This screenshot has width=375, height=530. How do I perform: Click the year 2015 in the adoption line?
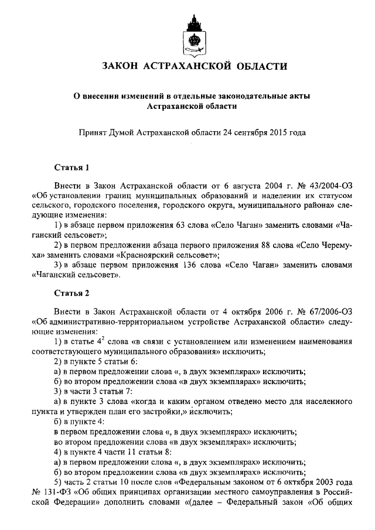[x=275, y=133]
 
